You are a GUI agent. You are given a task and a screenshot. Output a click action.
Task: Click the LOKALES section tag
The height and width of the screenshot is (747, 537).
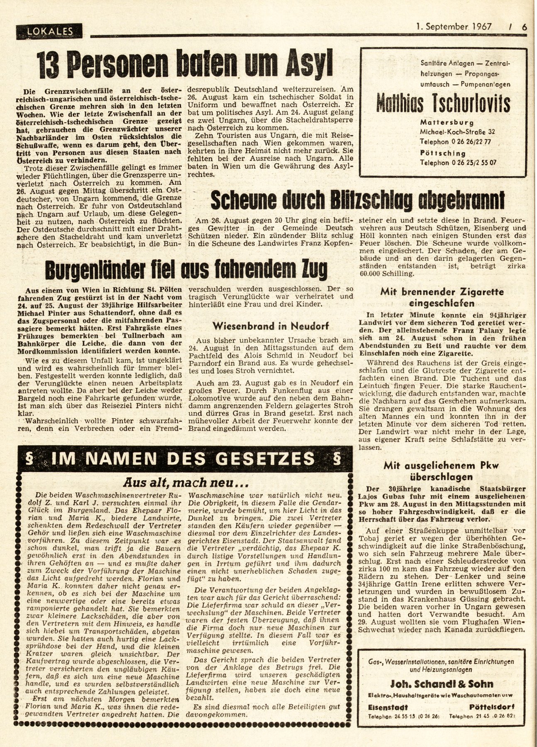[x=49, y=30]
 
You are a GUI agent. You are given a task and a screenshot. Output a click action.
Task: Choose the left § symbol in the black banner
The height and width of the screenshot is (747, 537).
[x=29, y=459]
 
